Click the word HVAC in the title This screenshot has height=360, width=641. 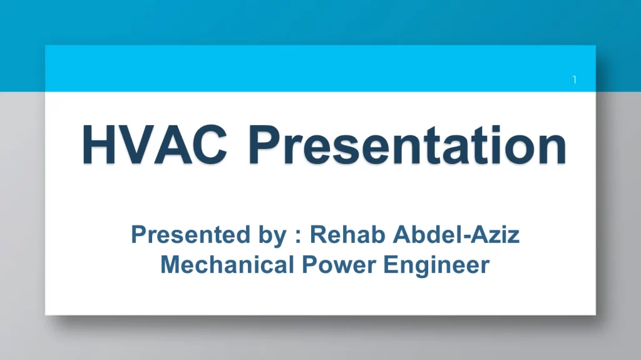pyautogui.click(x=155, y=145)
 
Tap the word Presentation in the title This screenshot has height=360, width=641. pyautogui.click(x=407, y=145)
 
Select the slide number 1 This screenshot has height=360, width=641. pyautogui.click(x=575, y=80)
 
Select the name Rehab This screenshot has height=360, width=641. pyautogui.click(x=347, y=234)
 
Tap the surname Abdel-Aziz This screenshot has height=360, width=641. pyautogui.click(x=456, y=234)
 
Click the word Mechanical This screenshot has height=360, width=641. pyautogui.click(x=227, y=264)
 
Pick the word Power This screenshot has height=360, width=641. pyautogui.click(x=339, y=264)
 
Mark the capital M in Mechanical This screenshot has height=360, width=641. pyautogui.click(x=171, y=265)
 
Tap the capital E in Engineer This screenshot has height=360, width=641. pyautogui.click(x=391, y=265)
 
